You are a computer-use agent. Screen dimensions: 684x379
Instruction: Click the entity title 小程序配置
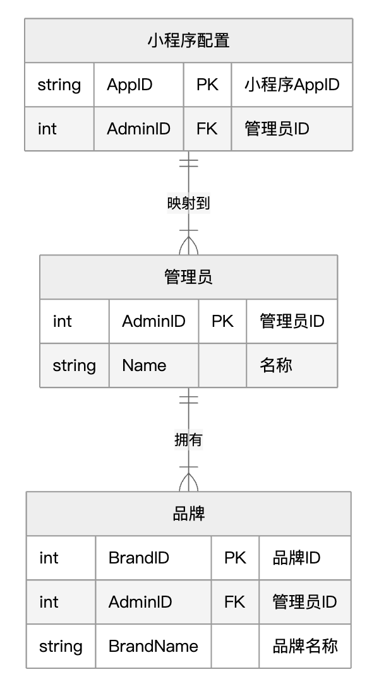tap(188, 40)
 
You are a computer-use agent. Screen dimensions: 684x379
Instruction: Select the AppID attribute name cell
tap(129, 85)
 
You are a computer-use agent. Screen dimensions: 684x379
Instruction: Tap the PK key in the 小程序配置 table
tap(207, 85)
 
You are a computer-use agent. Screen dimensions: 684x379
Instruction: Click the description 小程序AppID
tap(292, 85)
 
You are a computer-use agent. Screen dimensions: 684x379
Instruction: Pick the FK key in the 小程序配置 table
tap(207, 129)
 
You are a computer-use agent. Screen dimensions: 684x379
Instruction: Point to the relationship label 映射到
tap(188, 203)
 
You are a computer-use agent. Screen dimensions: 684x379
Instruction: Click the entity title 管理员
tap(188, 277)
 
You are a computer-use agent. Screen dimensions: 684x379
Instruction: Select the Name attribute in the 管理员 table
tap(144, 365)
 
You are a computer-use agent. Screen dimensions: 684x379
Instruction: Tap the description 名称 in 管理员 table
tap(276, 365)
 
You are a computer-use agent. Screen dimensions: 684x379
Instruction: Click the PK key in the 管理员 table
tap(222, 321)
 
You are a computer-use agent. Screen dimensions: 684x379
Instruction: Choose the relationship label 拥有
tap(188, 440)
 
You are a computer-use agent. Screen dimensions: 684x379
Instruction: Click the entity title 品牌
tap(188, 514)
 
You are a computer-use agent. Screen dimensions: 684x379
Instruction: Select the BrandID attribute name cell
tap(139, 558)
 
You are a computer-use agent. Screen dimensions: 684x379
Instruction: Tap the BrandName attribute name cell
tap(153, 646)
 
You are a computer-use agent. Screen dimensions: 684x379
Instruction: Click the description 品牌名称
tap(304, 646)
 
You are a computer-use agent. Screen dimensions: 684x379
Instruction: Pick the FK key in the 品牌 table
tap(234, 602)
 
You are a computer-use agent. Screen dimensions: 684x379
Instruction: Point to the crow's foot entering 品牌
tap(188, 483)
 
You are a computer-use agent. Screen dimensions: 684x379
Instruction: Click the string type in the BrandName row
tap(61, 646)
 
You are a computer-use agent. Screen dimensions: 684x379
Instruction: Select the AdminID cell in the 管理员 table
tap(153, 321)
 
